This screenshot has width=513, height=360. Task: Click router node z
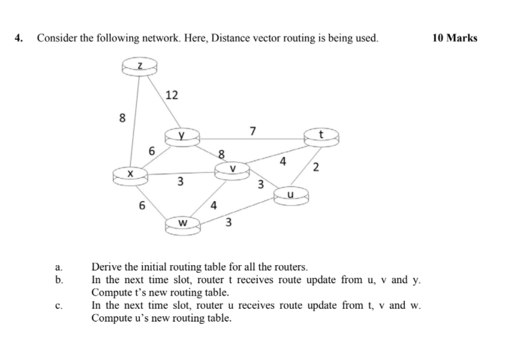(x=139, y=65)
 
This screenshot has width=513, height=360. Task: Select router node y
(x=183, y=136)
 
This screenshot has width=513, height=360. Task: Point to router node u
(x=291, y=195)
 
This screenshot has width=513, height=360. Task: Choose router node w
(x=183, y=225)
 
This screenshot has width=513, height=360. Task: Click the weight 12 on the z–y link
(x=171, y=95)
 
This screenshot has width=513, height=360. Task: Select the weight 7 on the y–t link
(x=253, y=130)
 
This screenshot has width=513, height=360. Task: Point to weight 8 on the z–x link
(x=122, y=118)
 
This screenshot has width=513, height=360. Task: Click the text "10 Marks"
(x=455, y=38)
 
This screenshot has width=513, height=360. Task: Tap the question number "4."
(x=20, y=38)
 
